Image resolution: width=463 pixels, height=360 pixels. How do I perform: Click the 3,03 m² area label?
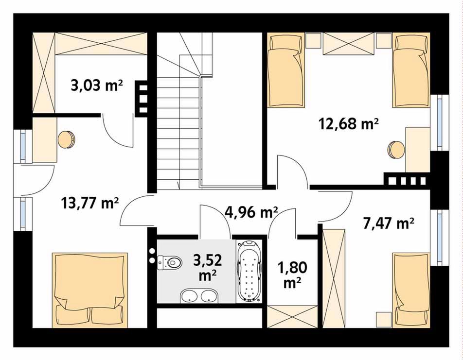(97, 86)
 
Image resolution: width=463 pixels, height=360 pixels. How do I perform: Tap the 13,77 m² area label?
(90, 203)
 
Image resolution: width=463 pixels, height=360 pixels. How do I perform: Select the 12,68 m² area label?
(348, 123)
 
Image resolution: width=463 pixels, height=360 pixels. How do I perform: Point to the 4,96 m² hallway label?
(251, 212)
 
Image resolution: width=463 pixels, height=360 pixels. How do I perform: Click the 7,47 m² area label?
(388, 223)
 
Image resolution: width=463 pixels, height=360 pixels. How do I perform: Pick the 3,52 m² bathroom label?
(207, 267)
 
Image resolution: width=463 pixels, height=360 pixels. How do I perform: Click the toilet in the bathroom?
(169, 262)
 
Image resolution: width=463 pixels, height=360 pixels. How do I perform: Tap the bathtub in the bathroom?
(249, 272)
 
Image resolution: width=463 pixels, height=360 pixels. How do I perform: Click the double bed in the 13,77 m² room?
(90, 290)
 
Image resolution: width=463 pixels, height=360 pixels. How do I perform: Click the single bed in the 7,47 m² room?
(411, 290)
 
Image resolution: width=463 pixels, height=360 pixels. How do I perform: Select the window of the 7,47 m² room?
(440, 238)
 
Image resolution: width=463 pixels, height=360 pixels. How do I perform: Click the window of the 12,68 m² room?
(440, 123)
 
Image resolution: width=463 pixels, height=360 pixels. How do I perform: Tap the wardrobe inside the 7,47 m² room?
(334, 278)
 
